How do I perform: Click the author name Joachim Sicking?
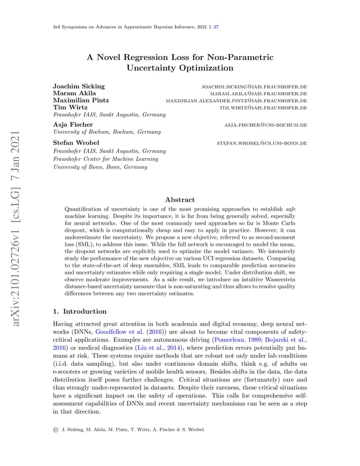[x=79, y=86]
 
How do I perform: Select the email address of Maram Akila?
[x=258, y=93]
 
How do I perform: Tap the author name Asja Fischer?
[x=73, y=125]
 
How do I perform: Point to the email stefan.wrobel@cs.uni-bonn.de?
[x=262, y=143]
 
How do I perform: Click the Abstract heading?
[x=180, y=200]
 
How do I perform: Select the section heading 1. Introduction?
[x=80, y=311]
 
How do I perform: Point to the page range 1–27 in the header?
[x=213, y=27]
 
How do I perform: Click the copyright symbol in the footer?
[x=56, y=429]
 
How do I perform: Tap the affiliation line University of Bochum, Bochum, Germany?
[x=107, y=132]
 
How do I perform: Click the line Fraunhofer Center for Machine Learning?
[x=105, y=159]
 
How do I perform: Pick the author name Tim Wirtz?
[x=70, y=107]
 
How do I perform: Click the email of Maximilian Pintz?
[x=236, y=100]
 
